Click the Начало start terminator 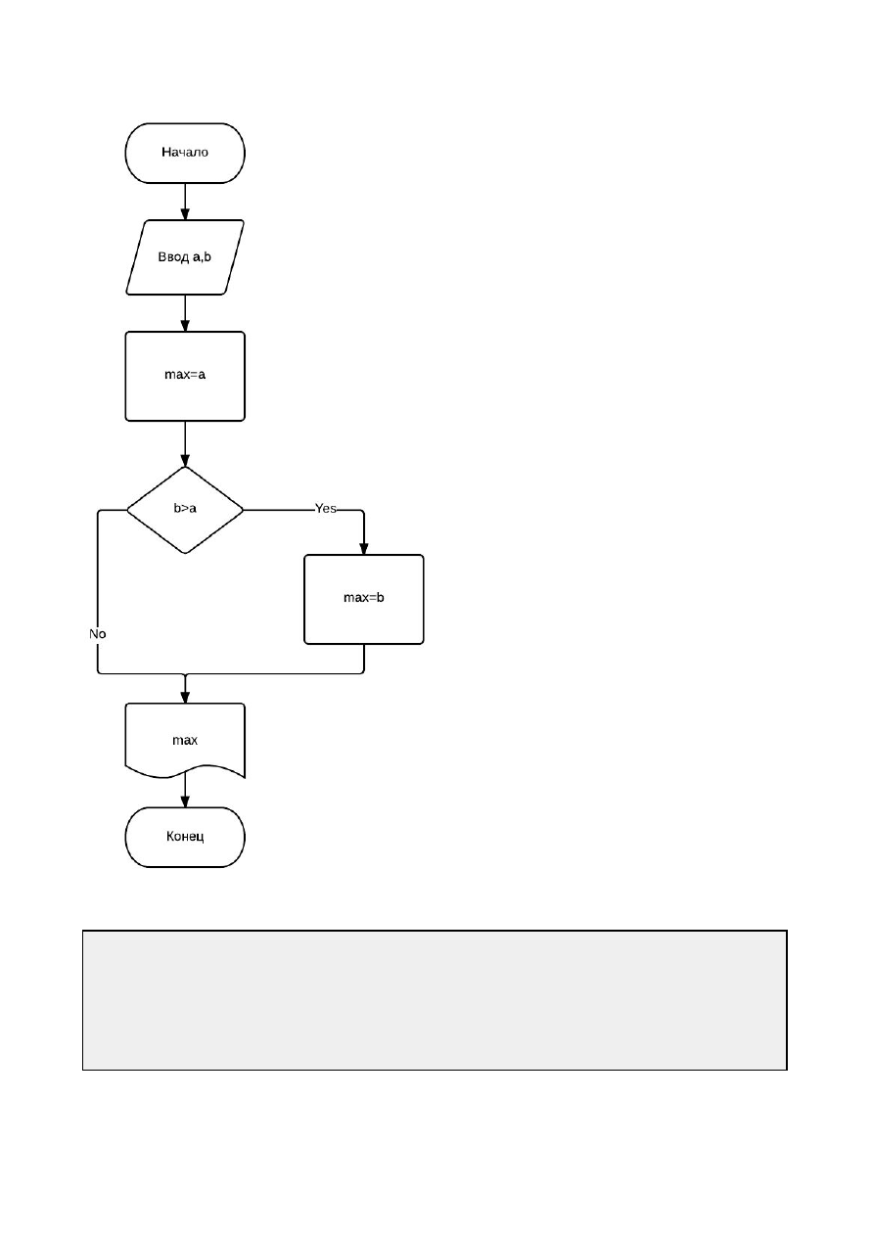(x=185, y=153)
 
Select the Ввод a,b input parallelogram (x=185, y=257)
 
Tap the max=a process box (x=185, y=376)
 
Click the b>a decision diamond (x=185, y=510)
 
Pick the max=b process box (x=364, y=599)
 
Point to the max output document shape (x=185, y=740)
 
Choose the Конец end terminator (x=185, y=837)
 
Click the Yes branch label (x=326, y=508)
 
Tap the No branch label (x=98, y=634)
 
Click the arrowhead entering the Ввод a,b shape (x=185, y=214)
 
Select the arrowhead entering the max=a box (x=185, y=325)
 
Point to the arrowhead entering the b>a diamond (x=185, y=460)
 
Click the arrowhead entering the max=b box (x=364, y=549)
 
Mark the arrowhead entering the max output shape (x=185, y=697)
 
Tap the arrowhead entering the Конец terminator (x=185, y=801)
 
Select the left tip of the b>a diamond (x=127, y=510)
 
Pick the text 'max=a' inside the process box (x=185, y=375)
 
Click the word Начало (x=185, y=152)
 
